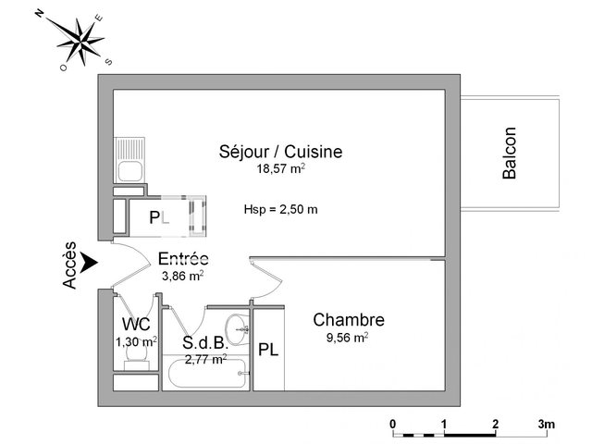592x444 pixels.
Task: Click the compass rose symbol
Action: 80,41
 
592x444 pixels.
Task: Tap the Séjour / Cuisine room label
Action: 280,152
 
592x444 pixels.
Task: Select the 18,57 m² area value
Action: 281,168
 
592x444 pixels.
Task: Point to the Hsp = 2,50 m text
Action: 280,209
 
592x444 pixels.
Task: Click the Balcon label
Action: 509,153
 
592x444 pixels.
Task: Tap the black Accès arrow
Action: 91,262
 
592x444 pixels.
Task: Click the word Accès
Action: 69,265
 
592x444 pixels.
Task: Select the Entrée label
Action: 183,259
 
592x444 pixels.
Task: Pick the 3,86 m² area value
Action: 183,276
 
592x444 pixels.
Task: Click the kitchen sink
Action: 129,160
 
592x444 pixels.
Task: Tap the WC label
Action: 136,324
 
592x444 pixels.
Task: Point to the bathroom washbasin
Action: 237,329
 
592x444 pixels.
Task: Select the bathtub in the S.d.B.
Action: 207,373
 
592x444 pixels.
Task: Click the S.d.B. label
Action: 205,343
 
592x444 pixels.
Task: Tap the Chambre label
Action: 349,320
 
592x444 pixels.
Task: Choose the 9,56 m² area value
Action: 348,337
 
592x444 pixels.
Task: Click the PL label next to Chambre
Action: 268,350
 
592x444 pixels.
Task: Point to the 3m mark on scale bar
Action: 547,424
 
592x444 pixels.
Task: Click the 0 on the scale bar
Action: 393,424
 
